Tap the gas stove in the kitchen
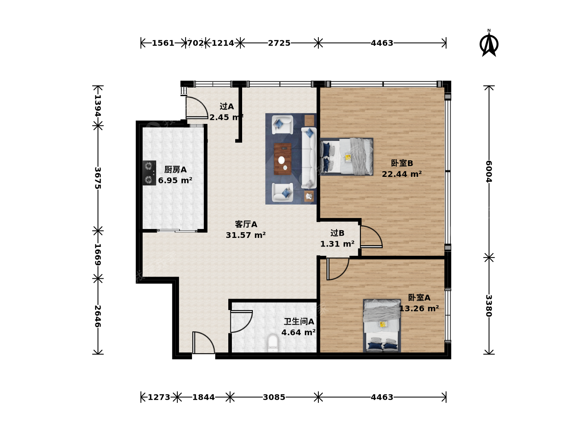(x=149, y=173)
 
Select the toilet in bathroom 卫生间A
(x=273, y=343)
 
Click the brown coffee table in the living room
(x=282, y=159)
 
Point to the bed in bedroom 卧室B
(x=346, y=156)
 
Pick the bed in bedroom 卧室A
(x=382, y=326)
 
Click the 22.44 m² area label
(x=402, y=174)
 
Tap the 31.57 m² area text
(x=245, y=235)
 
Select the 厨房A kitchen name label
(x=175, y=169)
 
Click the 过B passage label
(x=337, y=233)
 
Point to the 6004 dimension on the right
(x=489, y=172)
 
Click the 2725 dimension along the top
(x=279, y=43)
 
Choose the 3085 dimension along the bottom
(x=274, y=397)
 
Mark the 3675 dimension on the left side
(x=98, y=178)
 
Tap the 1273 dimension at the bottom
(x=159, y=397)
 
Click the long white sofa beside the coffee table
(x=309, y=158)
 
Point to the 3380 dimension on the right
(x=489, y=306)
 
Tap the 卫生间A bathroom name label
(x=299, y=321)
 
